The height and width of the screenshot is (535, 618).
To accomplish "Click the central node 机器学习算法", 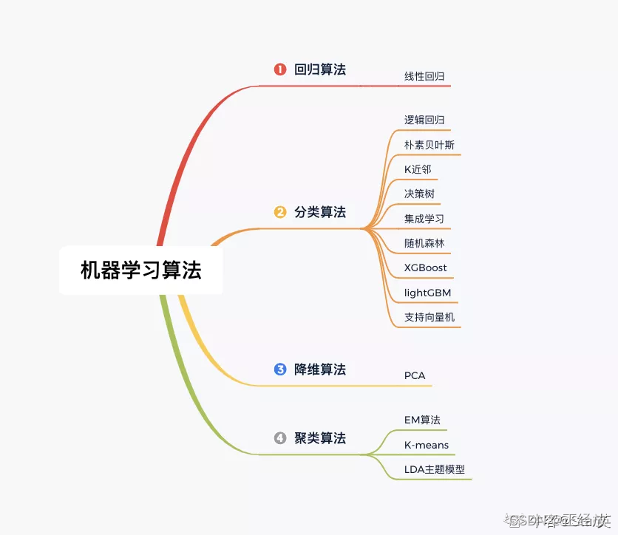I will (140, 270).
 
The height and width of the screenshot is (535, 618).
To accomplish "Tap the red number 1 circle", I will (280, 69).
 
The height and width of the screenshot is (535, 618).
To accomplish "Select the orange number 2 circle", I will (280, 212).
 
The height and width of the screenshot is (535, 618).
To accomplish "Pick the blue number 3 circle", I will (280, 369).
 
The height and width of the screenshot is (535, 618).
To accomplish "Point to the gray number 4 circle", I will (280, 438).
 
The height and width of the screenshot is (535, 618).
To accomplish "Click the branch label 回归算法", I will (320, 69).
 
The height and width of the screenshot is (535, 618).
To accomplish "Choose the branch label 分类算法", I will (320, 212).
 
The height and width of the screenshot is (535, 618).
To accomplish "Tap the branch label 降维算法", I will (320, 369).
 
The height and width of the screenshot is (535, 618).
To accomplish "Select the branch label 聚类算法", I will (320, 438).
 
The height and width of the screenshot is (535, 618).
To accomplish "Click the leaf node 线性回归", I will (424, 76).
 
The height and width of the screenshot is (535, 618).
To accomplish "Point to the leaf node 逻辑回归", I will (424, 120).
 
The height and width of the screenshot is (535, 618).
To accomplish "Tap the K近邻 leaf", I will (418, 169).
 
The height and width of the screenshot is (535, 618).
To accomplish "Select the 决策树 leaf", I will (419, 194).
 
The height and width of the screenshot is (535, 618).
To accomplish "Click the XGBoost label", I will (426, 267).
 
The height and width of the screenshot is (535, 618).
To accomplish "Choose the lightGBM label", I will (427, 293).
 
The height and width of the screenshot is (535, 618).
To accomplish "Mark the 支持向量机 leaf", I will (429, 317).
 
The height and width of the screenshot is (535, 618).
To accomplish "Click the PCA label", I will (415, 375).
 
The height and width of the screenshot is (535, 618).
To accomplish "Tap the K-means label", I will (427, 445).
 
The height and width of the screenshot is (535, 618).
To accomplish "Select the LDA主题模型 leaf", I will (435, 469).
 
